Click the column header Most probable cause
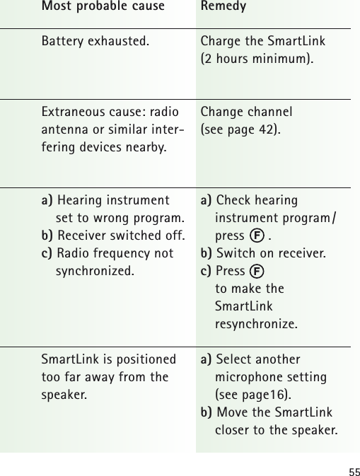103,7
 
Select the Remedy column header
223,7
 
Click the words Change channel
247,112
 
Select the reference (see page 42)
240,129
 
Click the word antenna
66,129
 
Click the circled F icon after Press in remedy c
259,271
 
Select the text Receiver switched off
121,235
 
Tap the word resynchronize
256,325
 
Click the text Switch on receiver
271,252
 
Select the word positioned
142,359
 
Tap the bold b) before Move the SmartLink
207,412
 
